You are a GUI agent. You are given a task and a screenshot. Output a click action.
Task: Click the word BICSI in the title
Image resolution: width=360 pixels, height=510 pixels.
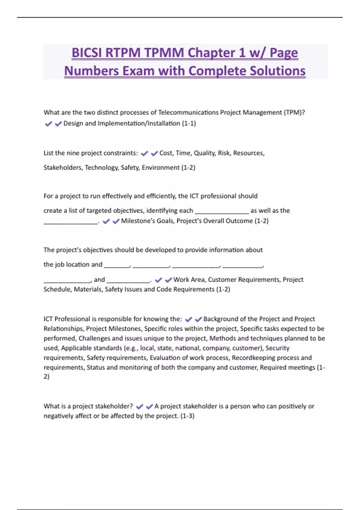(x=87, y=53)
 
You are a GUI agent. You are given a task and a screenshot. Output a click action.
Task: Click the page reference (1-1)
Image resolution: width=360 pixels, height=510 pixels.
(x=189, y=123)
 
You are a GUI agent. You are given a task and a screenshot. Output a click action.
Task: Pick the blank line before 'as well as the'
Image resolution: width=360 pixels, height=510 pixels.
(x=222, y=211)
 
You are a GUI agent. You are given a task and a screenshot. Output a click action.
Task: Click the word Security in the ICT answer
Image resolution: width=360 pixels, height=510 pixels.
(x=277, y=348)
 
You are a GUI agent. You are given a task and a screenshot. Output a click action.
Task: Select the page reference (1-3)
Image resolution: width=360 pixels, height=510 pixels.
(x=187, y=416)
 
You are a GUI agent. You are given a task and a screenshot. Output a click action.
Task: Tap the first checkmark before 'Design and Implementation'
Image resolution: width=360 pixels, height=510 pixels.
(x=48, y=124)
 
